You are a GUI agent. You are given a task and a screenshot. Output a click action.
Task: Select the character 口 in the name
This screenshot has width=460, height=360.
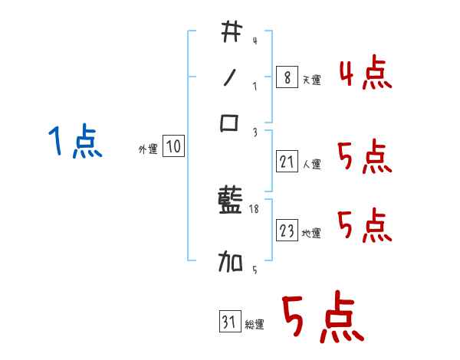click(x=230, y=123)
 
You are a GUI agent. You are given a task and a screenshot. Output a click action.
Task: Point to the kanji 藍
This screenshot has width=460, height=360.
click(x=230, y=203)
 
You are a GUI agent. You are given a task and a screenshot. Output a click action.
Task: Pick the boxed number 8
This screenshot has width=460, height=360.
click(x=286, y=77)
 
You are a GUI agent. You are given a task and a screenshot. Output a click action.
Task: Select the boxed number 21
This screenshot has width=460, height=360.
click(x=287, y=162)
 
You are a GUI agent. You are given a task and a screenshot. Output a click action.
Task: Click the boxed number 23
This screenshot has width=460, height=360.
click(x=287, y=231)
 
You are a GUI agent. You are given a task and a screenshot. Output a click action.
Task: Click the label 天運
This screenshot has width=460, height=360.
click(x=311, y=80)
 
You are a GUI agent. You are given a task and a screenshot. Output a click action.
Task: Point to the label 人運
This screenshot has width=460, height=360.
click(x=312, y=164)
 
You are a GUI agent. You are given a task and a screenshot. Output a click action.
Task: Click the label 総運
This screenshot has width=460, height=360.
click(x=255, y=325)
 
